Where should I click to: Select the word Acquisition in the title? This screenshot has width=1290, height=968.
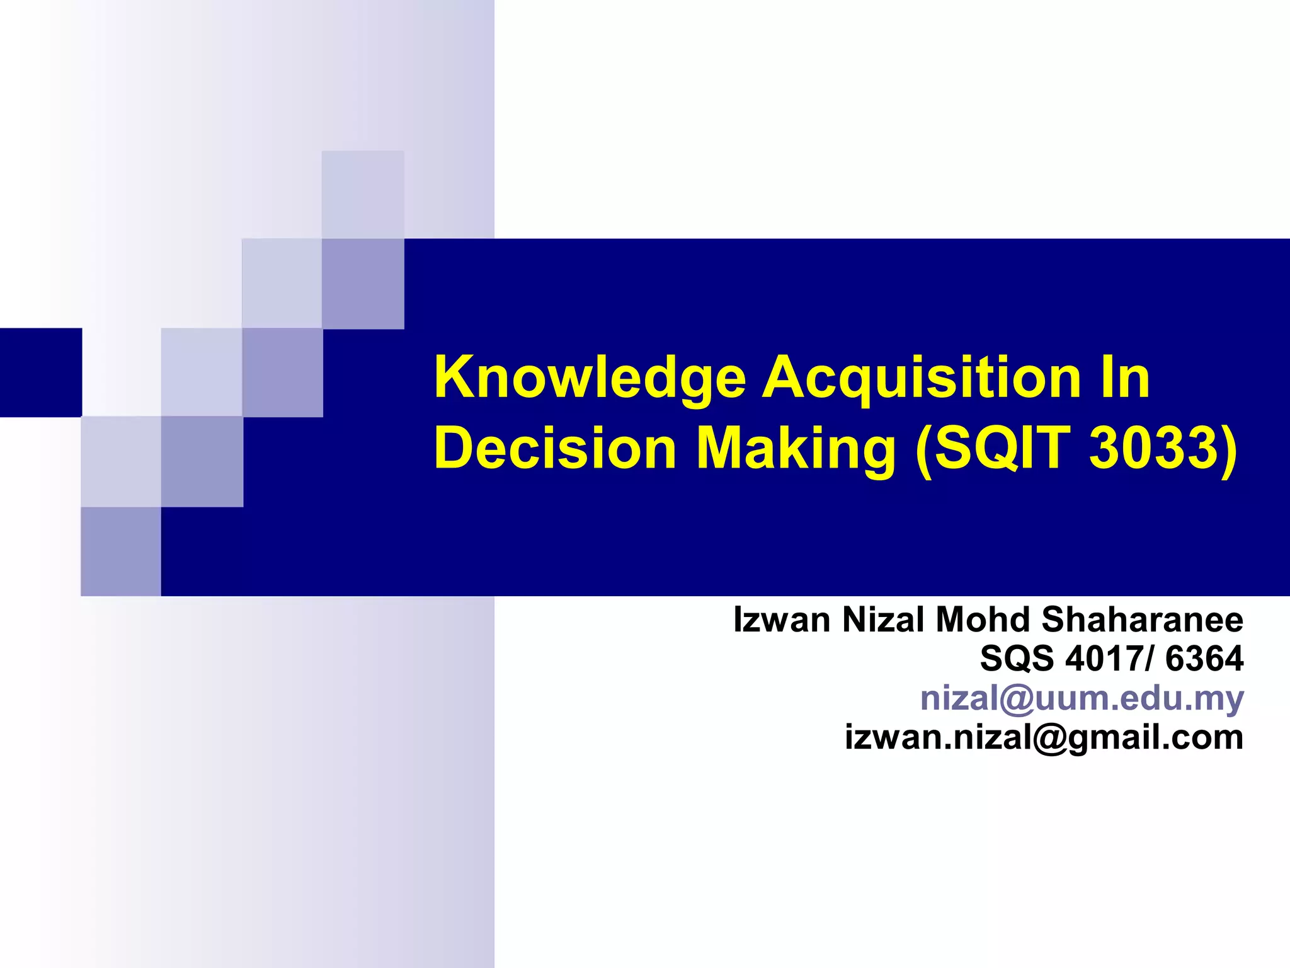(x=922, y=378)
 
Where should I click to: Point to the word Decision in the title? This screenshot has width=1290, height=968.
(x=555, y=449)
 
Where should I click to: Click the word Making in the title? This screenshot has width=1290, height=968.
(x=796, y=449)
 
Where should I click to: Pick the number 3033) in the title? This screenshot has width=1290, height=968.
(x=1163, y=449)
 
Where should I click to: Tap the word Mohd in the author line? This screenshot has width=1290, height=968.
(x=983, y=619)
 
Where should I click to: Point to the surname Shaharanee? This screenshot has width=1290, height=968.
(x=1142, y=619)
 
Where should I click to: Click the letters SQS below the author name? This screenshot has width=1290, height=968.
(x=1016, y=659)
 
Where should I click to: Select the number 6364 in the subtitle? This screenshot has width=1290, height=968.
(x=1204, y=659)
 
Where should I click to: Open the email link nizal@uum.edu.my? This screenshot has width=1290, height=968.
(x=1082, y=698)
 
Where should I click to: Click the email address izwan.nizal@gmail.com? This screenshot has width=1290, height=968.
(x=1044, y=737)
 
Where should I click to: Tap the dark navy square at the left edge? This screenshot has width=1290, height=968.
(x=40, y=372)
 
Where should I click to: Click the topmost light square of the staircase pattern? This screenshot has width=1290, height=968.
(x=363, y=194)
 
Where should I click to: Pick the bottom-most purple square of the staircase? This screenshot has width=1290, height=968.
(x=121, y=551)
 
